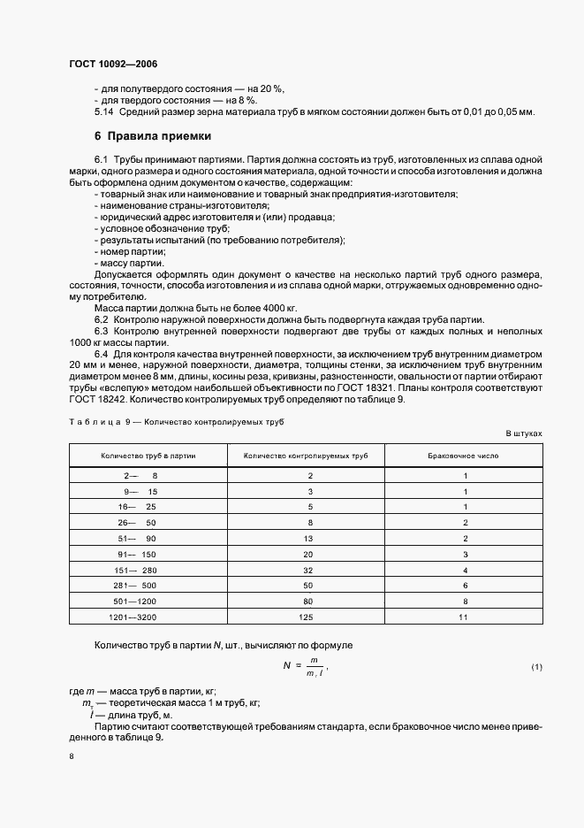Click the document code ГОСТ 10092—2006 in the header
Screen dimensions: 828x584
tap(113, 64)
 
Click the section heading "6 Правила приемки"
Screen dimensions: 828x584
tap(151, 136)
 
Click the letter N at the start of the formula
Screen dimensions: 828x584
tap(287, 665)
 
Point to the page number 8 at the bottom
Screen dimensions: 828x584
tap(71, 756)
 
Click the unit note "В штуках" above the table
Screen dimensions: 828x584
tap(523, 433)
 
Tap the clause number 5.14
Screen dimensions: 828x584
tap(103, 111)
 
